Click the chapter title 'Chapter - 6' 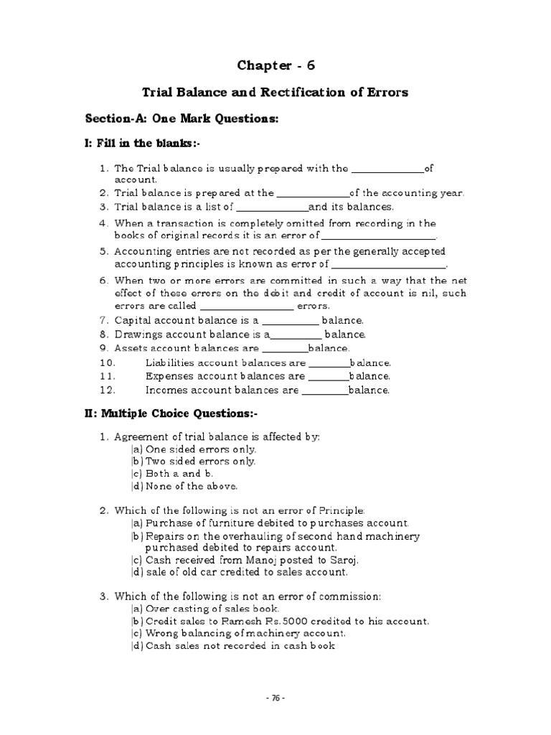[275, 66]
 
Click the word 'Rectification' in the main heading [302, 92]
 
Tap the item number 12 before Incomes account [107, 390]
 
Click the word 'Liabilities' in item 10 [169, 363]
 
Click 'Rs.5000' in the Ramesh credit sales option [276, 621]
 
